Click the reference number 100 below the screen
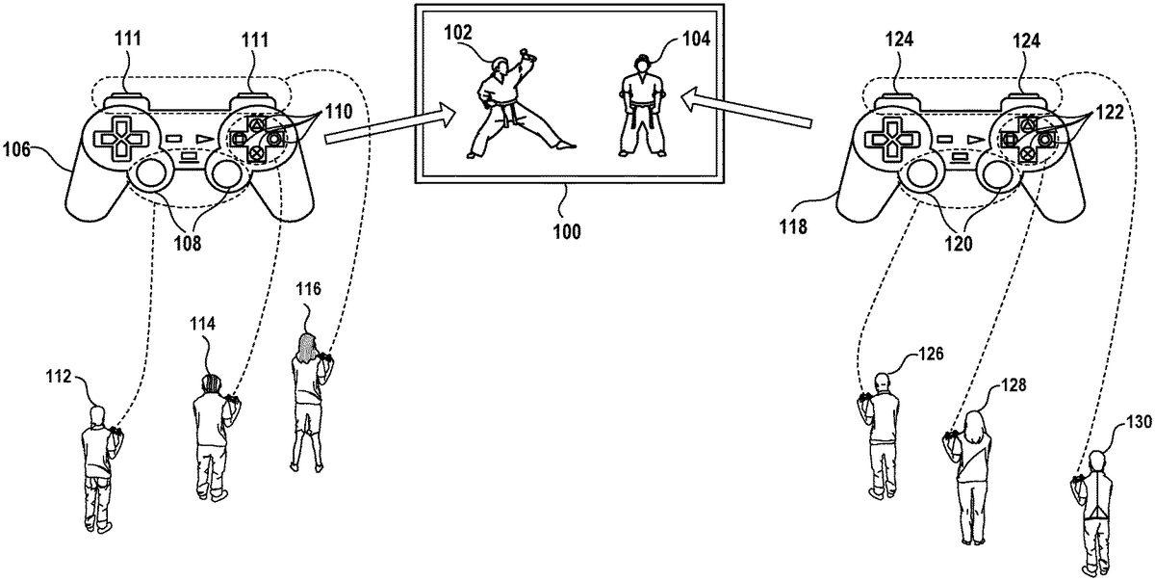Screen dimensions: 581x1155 (x=567, y=232)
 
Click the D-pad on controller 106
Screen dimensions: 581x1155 (x=115, y=138)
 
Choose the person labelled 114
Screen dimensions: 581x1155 (x=210, y=434)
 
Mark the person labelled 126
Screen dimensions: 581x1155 (x=882, y=433)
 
